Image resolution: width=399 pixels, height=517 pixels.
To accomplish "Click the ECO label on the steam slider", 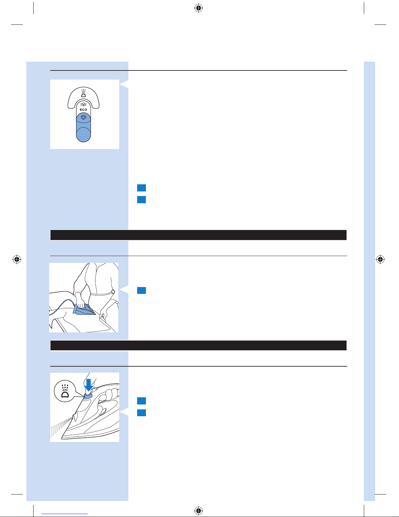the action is (83, 110).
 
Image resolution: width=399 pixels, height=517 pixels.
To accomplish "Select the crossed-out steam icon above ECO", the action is (83, 104).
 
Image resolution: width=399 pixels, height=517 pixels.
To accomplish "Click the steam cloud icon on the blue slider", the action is (83, 117).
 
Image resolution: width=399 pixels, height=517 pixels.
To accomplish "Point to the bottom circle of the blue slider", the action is (83, 134).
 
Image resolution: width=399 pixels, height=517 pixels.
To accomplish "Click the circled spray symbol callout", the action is (65, 391).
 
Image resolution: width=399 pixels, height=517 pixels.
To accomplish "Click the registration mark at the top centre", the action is (199, 8).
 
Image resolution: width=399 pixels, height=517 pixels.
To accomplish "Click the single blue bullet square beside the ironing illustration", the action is (142, 291).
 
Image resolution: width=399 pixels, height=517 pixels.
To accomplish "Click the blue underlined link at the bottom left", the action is (64, 514).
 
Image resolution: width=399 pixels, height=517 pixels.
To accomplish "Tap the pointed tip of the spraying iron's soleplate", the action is (62, 438).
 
